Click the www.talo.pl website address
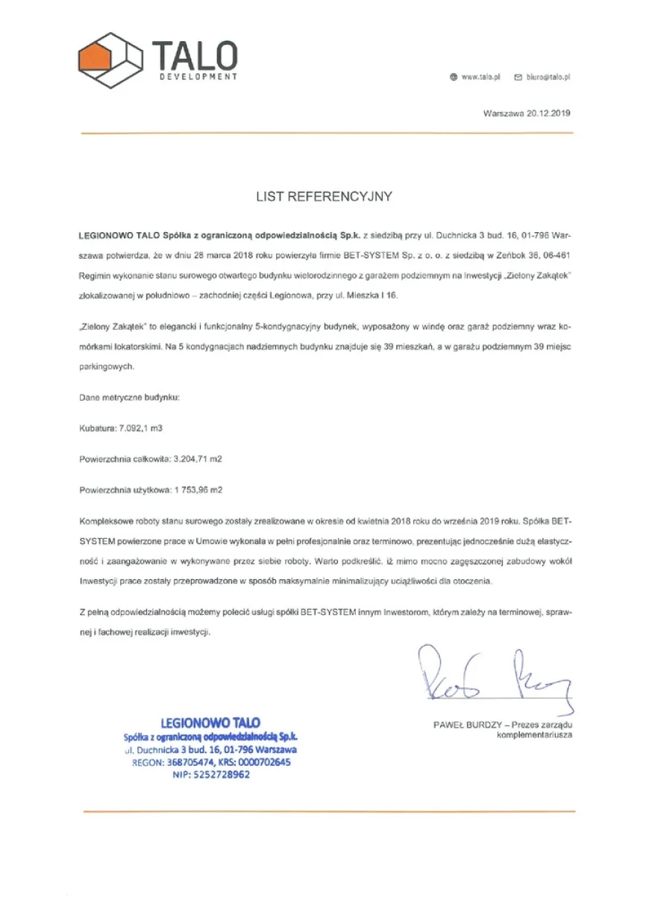(x=481, y=77)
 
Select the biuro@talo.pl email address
(x=548, y=77)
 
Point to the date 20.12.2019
(x=548, y=113)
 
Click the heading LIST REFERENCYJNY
(x=324, y=197)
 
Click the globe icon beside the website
(x=454, y=77)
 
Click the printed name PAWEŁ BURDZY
(x=467, y=725)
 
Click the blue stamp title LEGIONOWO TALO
(x=210, y=722)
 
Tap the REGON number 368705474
(x=186, y=762)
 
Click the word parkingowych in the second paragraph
(x=106, y=367)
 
